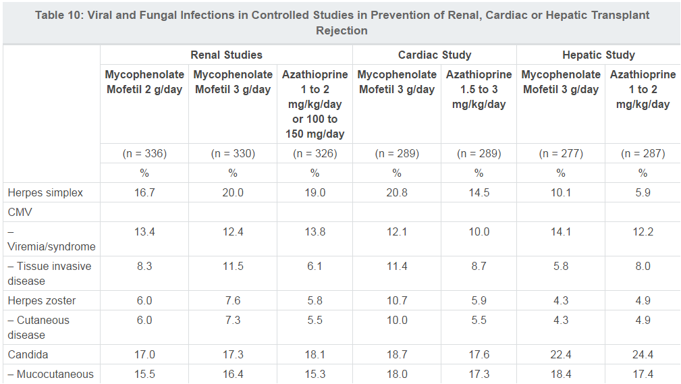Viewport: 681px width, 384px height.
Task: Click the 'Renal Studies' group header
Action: click(226, 55)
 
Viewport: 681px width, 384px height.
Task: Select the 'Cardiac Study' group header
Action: click(435, 55)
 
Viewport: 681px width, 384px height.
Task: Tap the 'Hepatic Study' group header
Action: click(599, 55)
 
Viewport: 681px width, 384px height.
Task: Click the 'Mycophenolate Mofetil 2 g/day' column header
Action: click(144, 82)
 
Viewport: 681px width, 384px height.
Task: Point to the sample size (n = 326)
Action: click(315, 153)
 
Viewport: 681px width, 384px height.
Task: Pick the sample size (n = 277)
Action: click(561, 153)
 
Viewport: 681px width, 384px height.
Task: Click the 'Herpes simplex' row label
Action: click(45, 192)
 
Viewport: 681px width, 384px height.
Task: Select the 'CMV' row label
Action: click(20, 213)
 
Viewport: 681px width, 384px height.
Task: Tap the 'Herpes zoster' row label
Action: click(42, 300)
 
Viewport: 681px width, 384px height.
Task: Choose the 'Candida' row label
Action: click(28, 354)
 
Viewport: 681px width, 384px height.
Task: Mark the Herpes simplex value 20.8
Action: click(397, 192)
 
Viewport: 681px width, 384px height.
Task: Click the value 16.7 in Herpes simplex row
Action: click(144, 192)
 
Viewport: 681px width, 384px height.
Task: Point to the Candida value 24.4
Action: click(643, 354)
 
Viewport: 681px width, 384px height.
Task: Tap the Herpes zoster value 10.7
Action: click(397, 300)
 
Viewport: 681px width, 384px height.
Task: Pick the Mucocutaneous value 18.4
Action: click(561, 374)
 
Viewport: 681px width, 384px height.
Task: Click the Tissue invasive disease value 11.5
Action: click(233, 267)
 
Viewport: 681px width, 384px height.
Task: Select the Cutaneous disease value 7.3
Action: click(233, 321)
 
